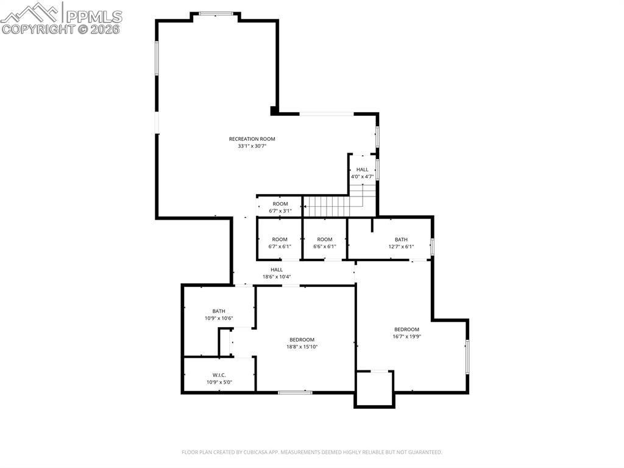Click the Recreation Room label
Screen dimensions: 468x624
[x=252, y=139]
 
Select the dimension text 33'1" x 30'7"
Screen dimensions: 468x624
[x=252, y=146]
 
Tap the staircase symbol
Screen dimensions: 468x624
[x=327, y=206]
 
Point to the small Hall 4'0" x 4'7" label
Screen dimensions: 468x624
[x=362, y=173]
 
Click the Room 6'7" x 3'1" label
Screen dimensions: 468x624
[x=280, y=207]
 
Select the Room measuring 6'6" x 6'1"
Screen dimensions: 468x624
[x=324, y=243]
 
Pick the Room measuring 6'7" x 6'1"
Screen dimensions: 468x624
[x=280, y=243]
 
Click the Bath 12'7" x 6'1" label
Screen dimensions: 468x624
[x=401, y=243]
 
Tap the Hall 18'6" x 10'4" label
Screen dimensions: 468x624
[x=277, y=273]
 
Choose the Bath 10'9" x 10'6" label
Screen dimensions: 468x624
[x=218, y=314]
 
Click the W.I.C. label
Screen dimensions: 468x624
[x=219, y=379]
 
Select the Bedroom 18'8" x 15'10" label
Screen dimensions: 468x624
[x=302, y=343]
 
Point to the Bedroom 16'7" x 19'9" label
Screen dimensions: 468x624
[x=406, y=333]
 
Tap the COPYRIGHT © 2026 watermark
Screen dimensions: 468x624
[x=61, y=29]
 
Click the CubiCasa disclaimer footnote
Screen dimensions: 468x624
[x=311, y=452]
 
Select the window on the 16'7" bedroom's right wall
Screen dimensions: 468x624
[x=467, y=356]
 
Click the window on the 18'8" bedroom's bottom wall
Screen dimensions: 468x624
[x=295, y=392]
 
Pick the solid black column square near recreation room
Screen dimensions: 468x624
[x=275, y=111]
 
